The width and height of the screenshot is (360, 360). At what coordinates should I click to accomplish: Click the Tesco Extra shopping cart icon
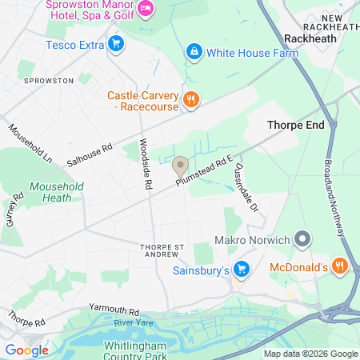pos(117,44)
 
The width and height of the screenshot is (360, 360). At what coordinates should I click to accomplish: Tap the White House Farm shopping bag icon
pos(194,54)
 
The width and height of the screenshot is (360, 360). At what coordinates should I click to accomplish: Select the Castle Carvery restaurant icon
pos(190,101)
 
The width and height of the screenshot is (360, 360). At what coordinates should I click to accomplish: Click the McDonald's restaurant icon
pos(340,266)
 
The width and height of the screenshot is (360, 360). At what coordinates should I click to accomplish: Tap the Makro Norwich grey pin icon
pos(302,239)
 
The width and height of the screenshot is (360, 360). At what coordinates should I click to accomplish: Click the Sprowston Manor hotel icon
pos(146,10)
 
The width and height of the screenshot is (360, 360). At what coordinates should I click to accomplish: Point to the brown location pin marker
pos(180,167)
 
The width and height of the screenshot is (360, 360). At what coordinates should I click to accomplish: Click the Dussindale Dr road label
pos(247,189)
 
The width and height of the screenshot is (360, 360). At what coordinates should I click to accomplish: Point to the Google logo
pos(26,350)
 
